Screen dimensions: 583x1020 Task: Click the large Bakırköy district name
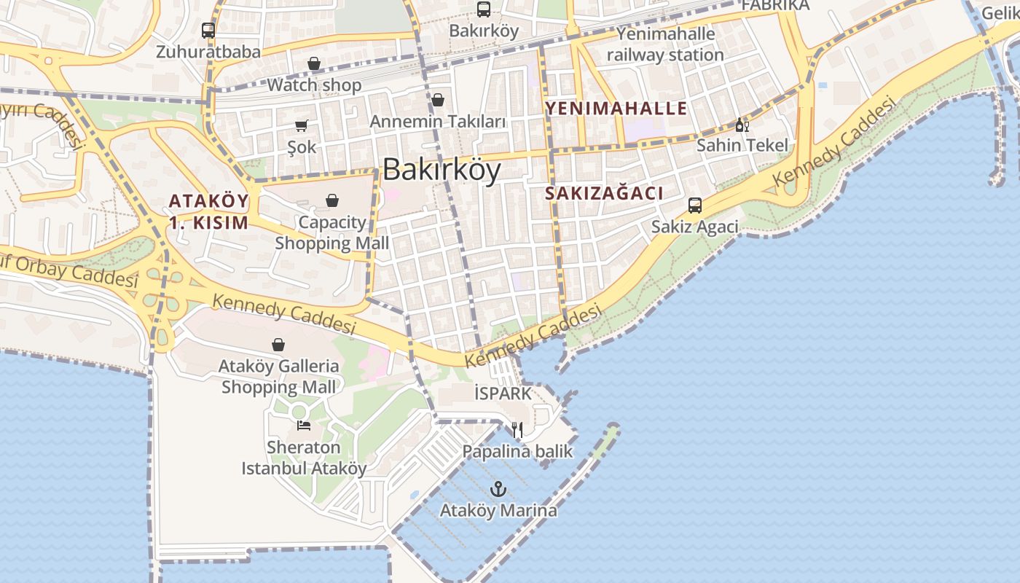coord(442,170)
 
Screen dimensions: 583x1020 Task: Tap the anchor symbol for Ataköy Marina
coord(498,489)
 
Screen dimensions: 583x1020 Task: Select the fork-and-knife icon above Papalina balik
coord(517,430)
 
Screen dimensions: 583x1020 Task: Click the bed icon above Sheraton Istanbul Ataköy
coord(303,425)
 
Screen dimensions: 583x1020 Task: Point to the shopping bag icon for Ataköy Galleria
coord(278,344)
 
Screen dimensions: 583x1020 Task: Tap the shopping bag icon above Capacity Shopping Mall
coord(332,200)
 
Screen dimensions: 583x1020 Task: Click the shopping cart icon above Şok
coord(302,125)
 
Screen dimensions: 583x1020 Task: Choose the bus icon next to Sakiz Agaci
coord(695,206)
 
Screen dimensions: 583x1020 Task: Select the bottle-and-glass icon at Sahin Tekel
coord(742,125)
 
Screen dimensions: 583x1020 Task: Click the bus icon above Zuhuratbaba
coord(208,31)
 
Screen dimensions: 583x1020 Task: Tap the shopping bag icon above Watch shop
coord(314,63)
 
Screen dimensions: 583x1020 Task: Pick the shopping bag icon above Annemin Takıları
coord(438,100)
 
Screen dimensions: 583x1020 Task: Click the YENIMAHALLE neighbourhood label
coord(616,109)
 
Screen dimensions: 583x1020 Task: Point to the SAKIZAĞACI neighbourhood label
coord(604,193)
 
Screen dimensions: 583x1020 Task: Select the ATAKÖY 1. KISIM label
coord(208,211)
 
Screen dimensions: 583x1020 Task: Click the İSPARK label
coord(503,394)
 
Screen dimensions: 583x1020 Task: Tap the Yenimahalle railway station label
coord(665,44)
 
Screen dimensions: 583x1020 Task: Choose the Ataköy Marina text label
coord(498,510)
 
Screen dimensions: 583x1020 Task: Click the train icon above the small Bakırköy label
coord(484,9)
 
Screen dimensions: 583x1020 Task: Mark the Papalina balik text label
coord(517,452)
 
